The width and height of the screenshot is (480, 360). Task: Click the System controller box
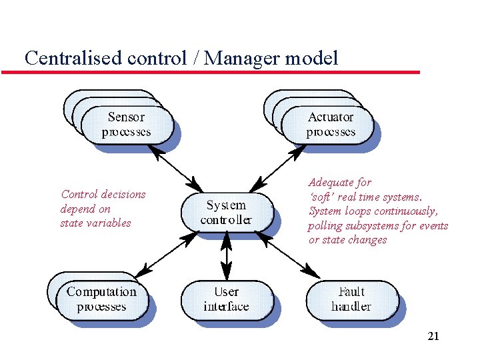(226, 212)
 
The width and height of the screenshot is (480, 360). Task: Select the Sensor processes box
(126, 125)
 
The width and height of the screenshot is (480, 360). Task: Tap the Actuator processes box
(330, 125)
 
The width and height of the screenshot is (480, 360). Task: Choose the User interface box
(226, 299)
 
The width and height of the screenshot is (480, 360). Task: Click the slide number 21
(433, 337)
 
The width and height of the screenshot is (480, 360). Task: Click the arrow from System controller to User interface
(226, 256)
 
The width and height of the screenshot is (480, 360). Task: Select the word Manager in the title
(242, 58)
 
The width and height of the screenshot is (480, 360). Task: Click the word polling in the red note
(325, 226)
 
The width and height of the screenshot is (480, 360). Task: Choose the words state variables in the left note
(95, 223)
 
